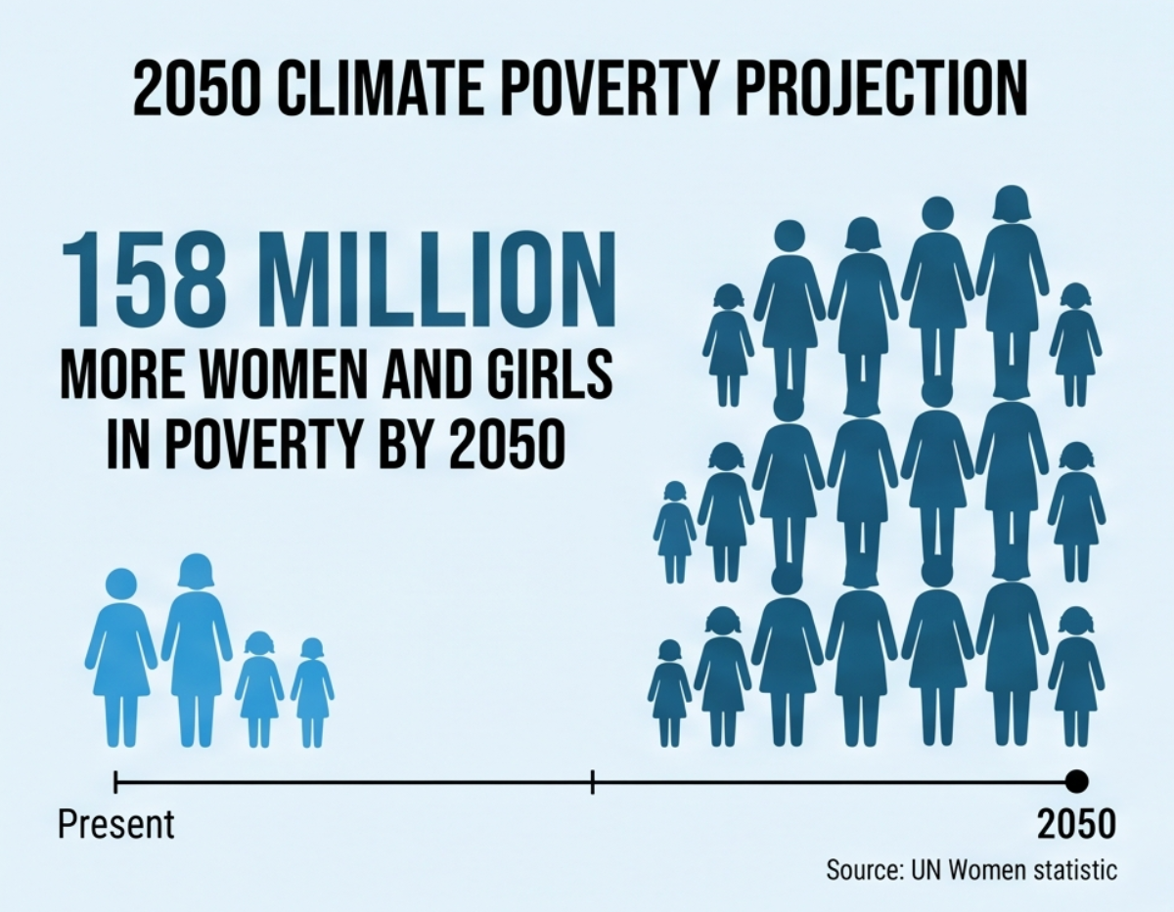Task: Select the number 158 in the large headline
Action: pos(144,279)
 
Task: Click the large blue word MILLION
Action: pos(441,279)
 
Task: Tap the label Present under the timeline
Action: pos(116,825)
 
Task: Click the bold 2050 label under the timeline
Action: pos(1076,824)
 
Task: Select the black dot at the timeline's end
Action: pos(1077,781)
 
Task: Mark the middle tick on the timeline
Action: pos(593,782)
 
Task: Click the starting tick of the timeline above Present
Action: pos(115,782)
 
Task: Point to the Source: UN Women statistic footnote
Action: pos(971,870)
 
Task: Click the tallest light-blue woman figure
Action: pos(197,650)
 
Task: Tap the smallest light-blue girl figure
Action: pos(312,693)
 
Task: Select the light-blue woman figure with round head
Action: pos(121,657)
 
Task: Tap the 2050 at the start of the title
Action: pos(197,87)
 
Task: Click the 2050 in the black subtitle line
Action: pos(508,444)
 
